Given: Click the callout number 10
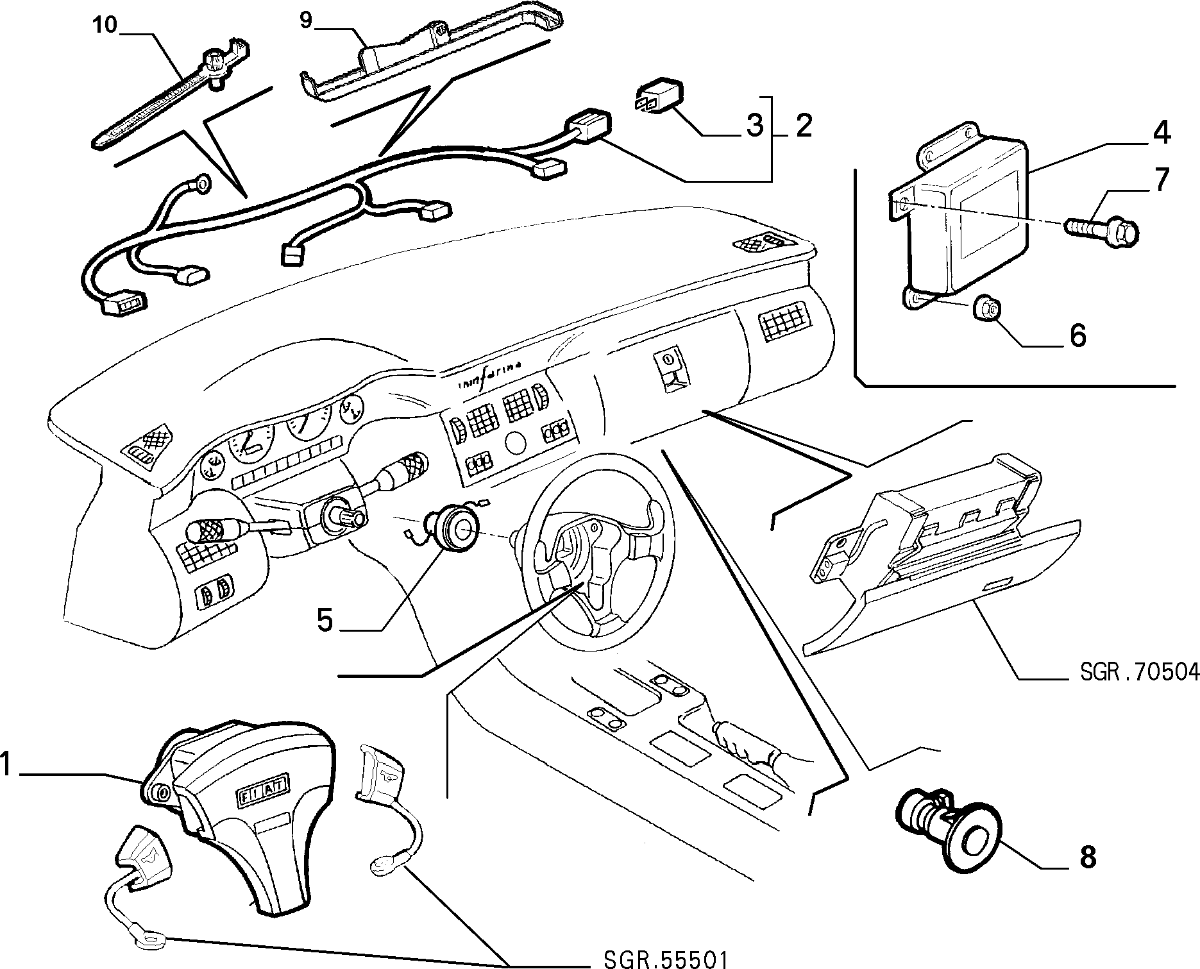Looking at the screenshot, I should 105,25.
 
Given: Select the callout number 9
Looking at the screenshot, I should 306,21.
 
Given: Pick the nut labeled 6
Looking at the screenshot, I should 985,310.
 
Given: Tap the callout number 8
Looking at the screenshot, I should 1088,857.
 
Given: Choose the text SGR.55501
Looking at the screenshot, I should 665,959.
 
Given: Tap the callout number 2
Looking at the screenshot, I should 804,126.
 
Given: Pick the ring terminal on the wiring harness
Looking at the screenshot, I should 202,185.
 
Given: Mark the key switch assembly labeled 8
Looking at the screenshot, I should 948,827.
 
